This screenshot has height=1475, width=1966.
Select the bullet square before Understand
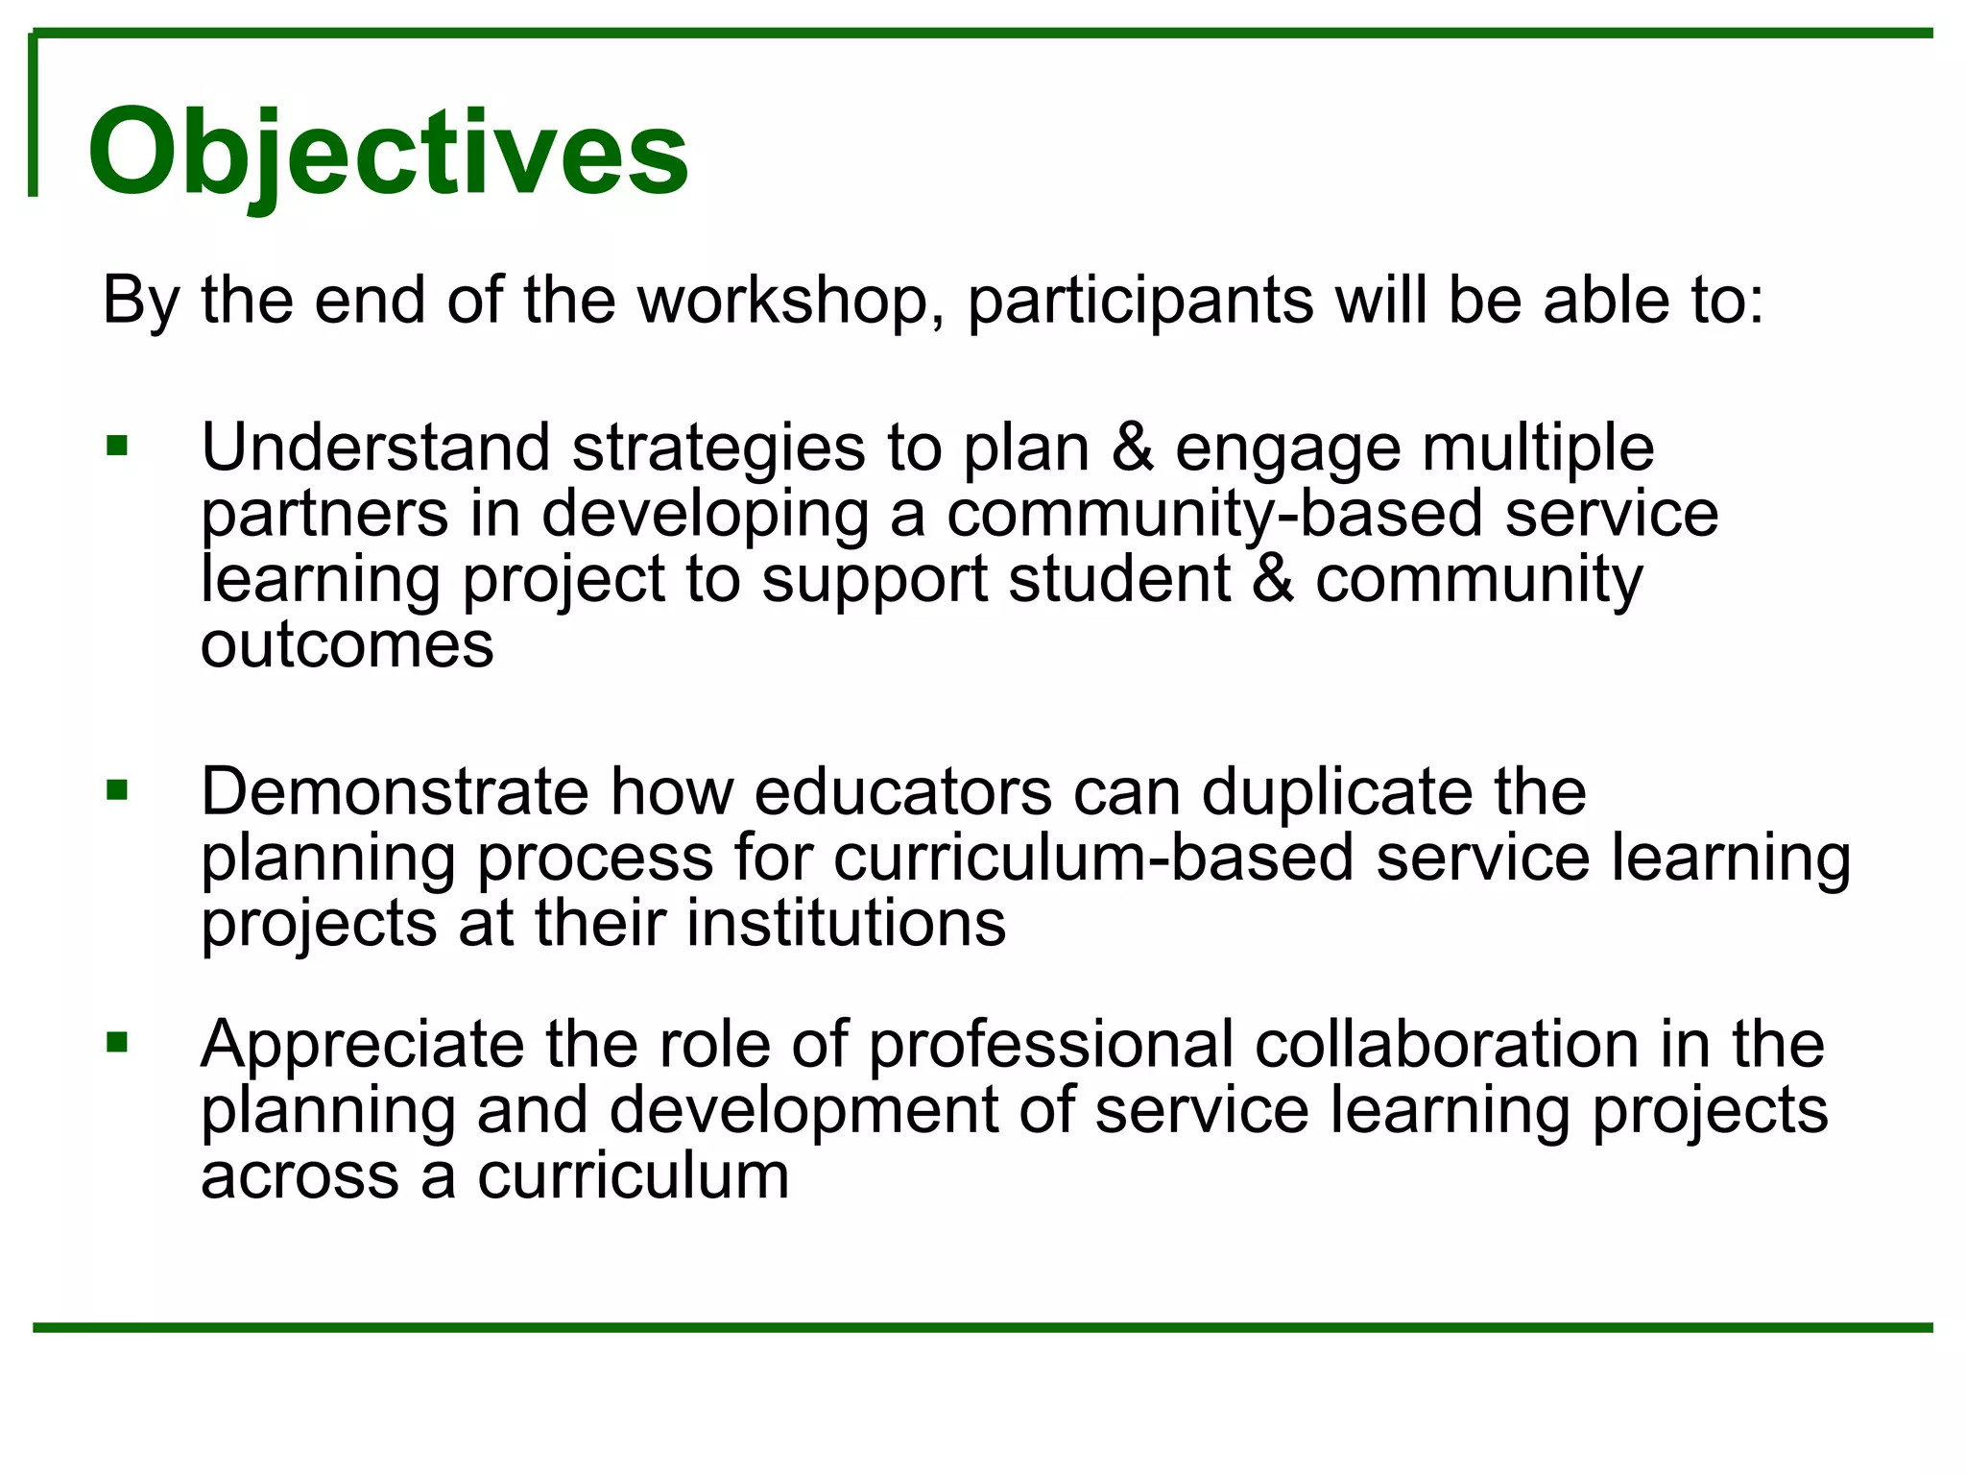(x=117, y=447)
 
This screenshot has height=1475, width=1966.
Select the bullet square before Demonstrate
(x=117, y=791)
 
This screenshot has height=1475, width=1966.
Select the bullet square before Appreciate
(x=117, y=1042)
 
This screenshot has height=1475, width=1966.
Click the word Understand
(x=375, y=447)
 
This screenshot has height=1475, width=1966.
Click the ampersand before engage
(x=1133, y=447)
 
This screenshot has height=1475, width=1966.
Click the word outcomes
(x=347, y=644)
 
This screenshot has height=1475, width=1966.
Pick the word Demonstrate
(x=395, y=792)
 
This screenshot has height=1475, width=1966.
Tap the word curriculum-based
(x=1093, y=858)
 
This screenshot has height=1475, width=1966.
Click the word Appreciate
(x=362, y=1045)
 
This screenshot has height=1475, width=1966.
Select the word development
(x=803, y=1110)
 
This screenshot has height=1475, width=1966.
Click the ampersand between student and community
(x=1273, y=579)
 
